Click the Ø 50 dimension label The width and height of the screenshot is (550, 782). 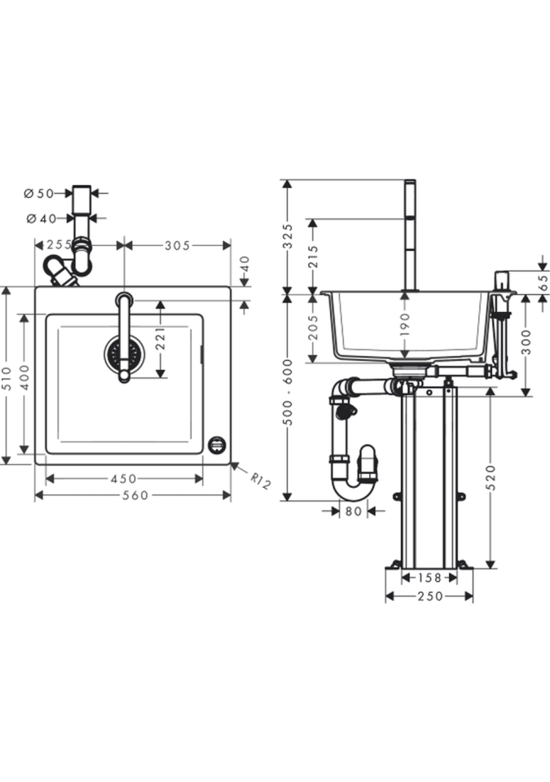tap(38, 193)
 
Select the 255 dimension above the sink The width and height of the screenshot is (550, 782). tap(58, 245)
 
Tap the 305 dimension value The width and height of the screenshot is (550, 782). tap(177, 245)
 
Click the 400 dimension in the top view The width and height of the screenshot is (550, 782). tap(25, 376)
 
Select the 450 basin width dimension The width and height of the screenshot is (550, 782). tap(123, 479)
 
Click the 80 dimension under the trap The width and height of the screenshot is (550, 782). tap(354, 512)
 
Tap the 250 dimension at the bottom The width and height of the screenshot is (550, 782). tap(429, 596)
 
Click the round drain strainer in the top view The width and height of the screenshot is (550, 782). tap(124, 354)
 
